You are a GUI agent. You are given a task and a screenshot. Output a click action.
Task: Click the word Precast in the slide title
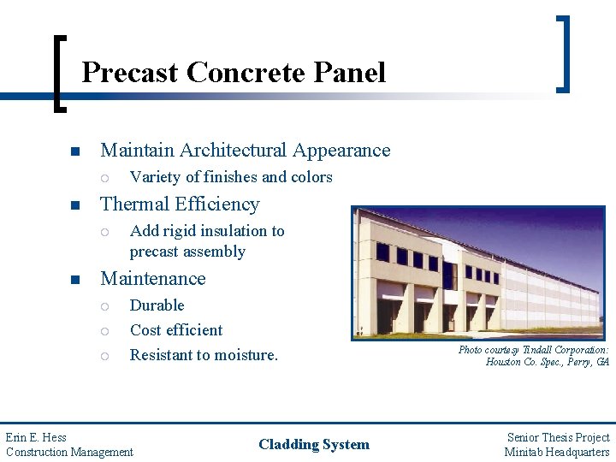130,73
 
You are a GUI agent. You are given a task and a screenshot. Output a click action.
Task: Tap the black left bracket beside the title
59,74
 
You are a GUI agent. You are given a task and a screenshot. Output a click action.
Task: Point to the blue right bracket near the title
564,54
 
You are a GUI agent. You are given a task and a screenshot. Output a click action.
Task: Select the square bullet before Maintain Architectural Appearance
75,151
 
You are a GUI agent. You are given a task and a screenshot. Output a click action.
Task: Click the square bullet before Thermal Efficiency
75,205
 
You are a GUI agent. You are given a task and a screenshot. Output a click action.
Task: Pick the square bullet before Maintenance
75,280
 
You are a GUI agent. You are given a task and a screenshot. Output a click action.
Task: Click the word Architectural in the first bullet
233,150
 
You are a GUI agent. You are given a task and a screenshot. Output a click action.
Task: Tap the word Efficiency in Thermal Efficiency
217,204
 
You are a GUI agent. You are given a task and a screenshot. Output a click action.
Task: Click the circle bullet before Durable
104,306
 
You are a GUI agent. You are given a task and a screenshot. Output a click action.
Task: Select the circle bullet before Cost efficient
104,332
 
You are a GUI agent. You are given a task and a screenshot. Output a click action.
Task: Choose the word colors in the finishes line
311,177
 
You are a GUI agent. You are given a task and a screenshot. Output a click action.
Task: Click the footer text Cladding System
314,444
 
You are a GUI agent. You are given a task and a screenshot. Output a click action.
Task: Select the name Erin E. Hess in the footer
36,437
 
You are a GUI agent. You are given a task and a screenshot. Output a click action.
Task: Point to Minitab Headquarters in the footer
557,453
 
